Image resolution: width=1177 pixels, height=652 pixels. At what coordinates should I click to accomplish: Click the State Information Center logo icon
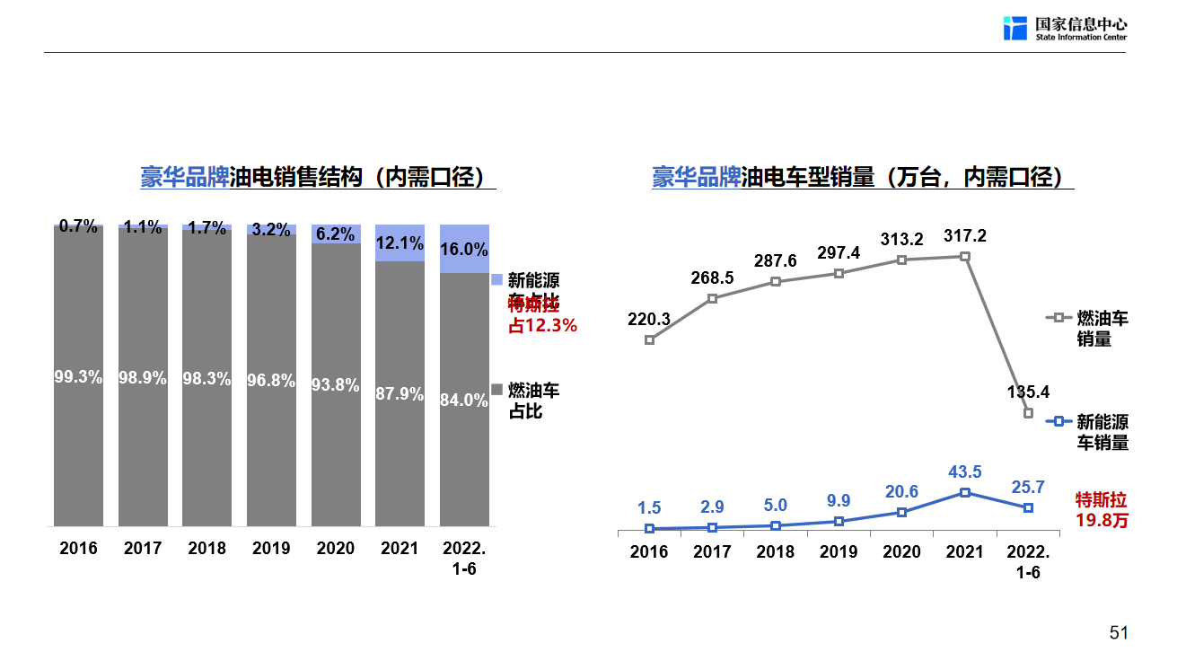pos(1015,28)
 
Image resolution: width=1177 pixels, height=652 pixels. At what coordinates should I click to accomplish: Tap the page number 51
pos(1119,632)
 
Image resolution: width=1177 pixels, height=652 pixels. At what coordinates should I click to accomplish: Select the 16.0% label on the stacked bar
pos(464,250)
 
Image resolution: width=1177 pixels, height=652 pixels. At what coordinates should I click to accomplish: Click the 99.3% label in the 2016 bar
pos(78,378)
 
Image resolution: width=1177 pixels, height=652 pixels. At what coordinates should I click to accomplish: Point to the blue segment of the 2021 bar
pos(400,243)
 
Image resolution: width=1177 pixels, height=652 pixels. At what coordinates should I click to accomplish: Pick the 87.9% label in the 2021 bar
pos(400,394)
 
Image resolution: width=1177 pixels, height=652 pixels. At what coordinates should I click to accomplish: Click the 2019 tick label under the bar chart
pos(271,549)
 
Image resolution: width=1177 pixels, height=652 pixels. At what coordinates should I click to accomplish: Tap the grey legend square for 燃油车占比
pos(496,391)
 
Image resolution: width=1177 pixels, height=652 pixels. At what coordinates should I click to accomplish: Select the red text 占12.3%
pos(542,326)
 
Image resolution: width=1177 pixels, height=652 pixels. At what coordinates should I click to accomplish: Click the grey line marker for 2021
pos(965,257)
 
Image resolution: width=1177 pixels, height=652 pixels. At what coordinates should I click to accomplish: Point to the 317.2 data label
pos(965,235)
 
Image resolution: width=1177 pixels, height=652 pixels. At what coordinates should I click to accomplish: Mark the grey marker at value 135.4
pos(1028,413)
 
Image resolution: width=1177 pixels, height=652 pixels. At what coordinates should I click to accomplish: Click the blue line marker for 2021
pos(965,492)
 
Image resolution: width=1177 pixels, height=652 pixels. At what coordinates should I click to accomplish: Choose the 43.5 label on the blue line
pos(965,471)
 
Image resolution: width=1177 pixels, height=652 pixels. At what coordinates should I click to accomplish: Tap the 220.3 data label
pos(649,319)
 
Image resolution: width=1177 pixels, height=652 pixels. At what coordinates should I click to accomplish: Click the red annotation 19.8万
pos(1102,521)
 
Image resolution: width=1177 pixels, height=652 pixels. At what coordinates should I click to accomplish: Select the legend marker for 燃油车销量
pos(1058,318)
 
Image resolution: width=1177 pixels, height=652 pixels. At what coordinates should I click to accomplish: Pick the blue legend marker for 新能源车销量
pos(1058,421)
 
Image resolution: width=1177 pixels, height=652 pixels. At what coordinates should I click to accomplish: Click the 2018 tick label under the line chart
pos(776,551)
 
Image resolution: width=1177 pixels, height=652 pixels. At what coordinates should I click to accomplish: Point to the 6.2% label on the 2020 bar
pos(336,234)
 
